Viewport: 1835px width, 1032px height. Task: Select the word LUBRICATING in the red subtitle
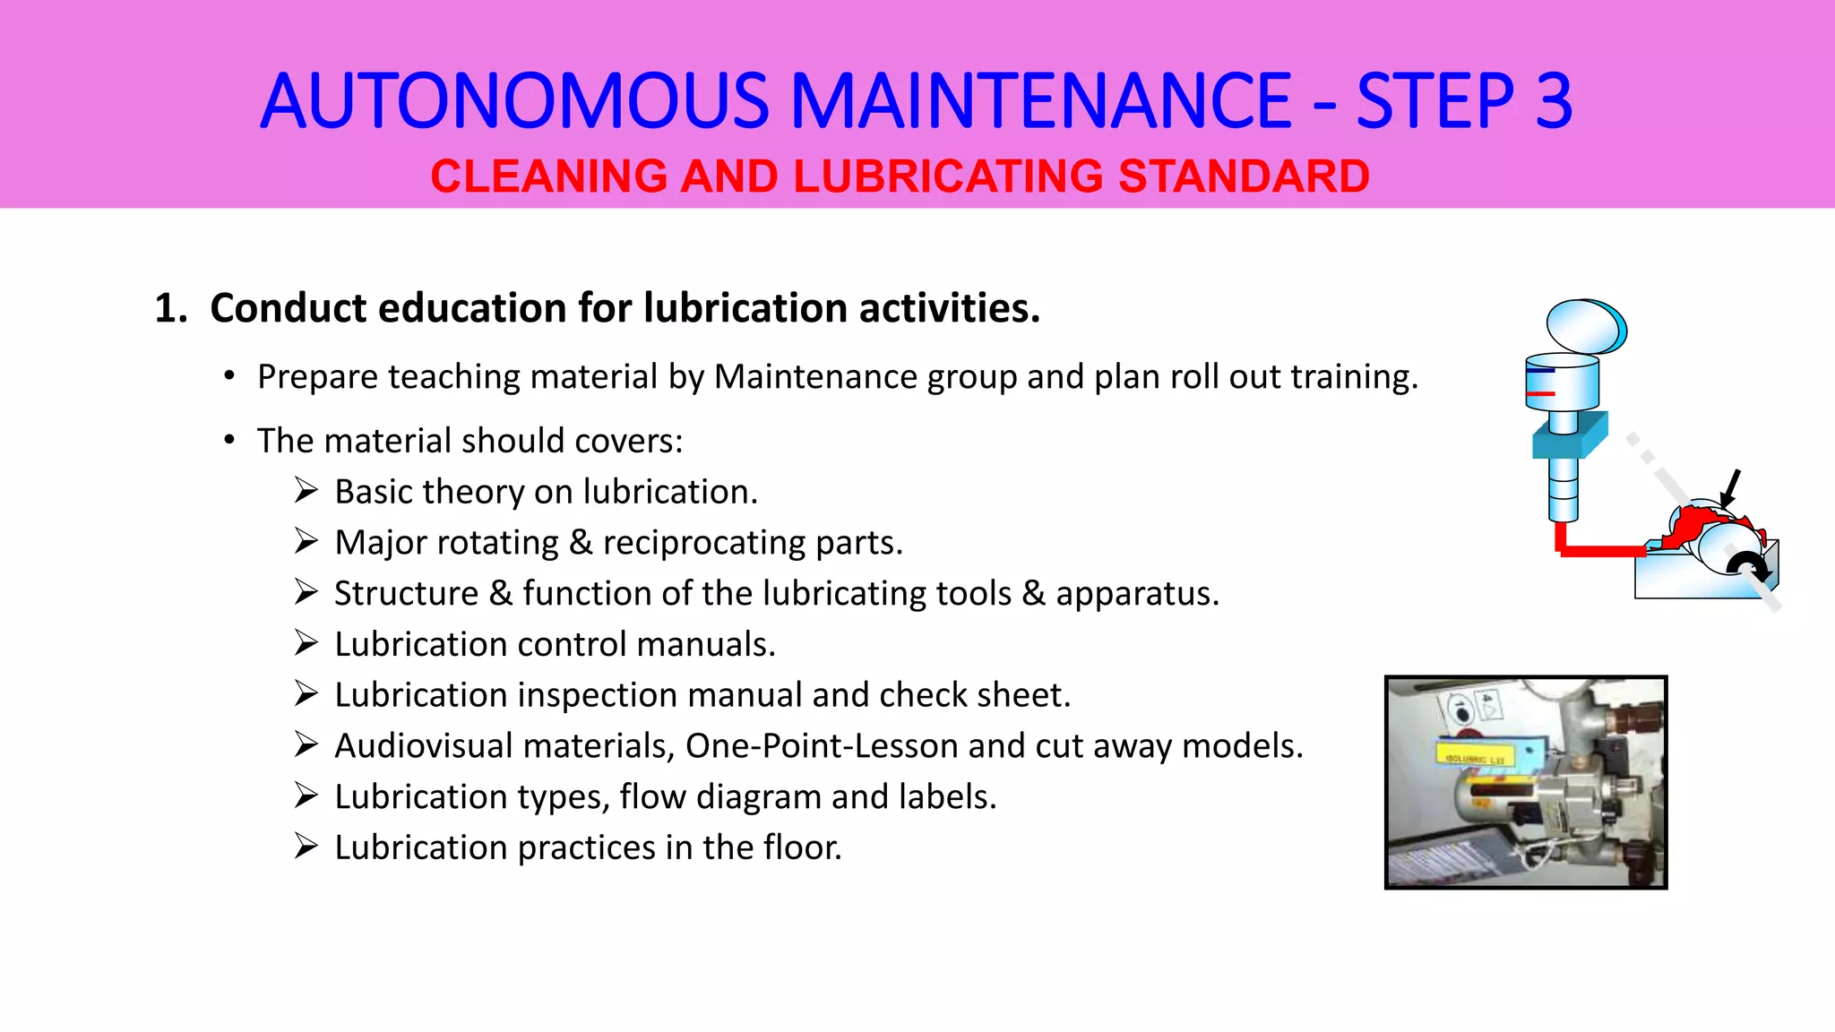(x=949, y=176)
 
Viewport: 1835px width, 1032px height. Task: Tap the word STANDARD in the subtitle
(x=1244, y=176)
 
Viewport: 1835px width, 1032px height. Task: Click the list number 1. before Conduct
(x=170, y=308)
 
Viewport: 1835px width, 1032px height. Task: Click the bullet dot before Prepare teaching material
(x=230, y=376)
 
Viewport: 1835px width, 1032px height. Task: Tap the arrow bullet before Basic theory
(x=306, y=490)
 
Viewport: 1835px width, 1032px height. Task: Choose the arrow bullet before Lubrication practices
(x=306, y=846)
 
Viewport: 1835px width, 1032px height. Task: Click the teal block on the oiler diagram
(x=1568, y=436)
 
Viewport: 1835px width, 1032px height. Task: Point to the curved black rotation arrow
(x=1747, y=566)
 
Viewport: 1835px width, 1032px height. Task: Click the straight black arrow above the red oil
(x=1730, y=488)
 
